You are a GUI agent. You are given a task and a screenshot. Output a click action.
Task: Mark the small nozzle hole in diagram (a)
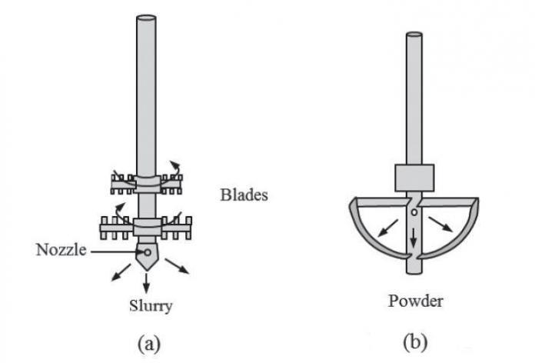point(146,251)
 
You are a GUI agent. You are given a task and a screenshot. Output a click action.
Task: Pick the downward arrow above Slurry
point(147,281)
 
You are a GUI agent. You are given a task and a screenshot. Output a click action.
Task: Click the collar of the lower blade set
point(146,228)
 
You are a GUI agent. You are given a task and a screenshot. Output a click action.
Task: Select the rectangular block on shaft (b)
point(414,178)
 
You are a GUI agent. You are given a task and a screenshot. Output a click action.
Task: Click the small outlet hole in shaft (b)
point(414,211)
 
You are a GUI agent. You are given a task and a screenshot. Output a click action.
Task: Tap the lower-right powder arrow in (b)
point(441,224)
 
